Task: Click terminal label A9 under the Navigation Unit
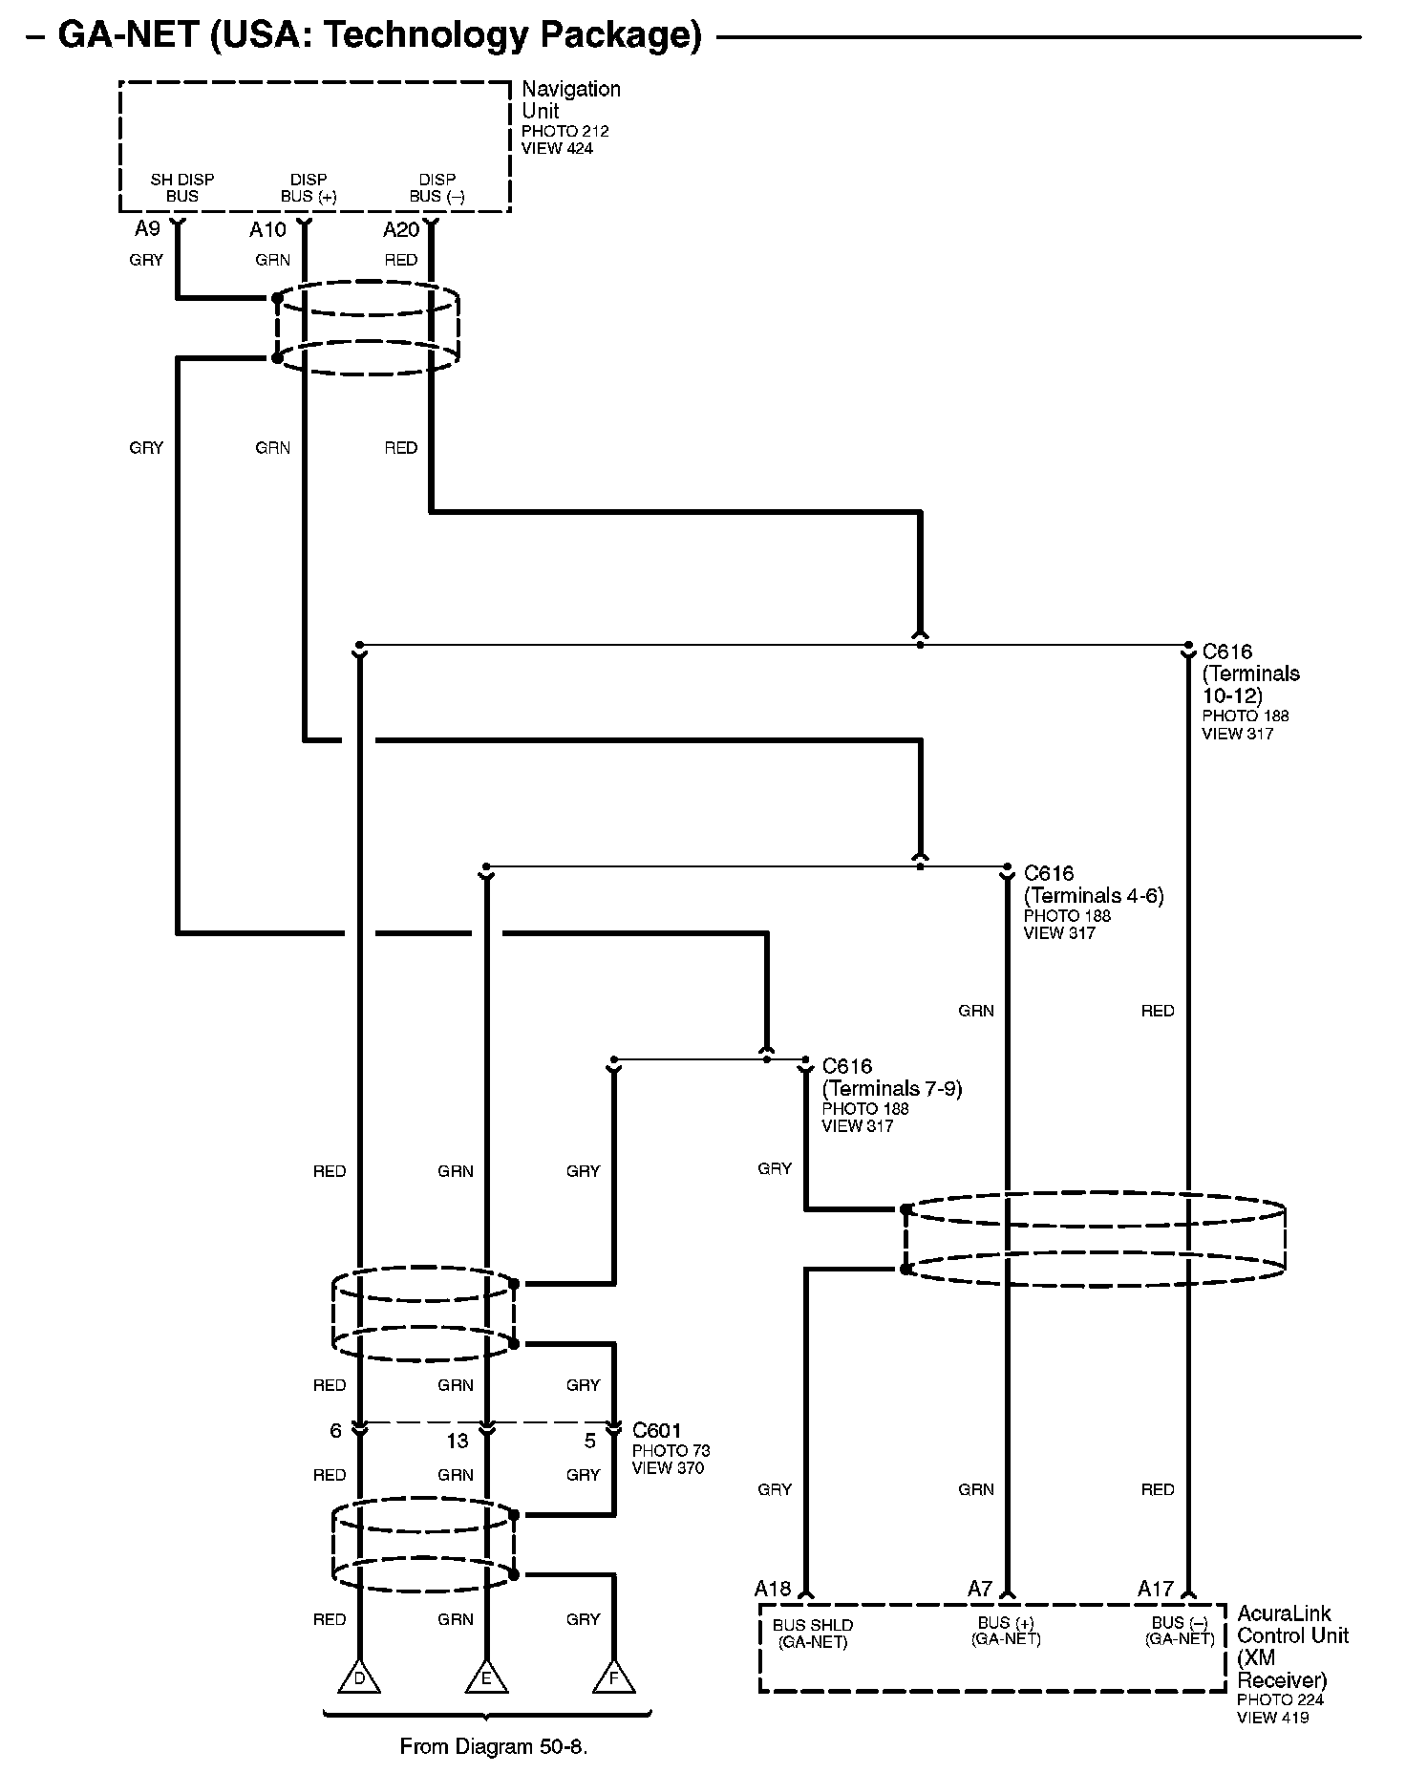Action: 147,229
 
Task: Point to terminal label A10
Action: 267,230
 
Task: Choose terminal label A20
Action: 401,230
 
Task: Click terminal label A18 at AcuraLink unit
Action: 773,1589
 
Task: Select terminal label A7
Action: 980,1589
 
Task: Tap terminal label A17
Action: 1156,1589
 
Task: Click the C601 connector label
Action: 657,1431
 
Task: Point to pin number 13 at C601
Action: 458,1441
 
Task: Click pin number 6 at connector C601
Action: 335,1431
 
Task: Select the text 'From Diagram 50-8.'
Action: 493,1747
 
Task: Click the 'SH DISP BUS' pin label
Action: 182,188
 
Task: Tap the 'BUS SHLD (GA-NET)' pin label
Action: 813,1634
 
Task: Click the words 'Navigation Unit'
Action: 570,99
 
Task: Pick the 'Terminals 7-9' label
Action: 892,1088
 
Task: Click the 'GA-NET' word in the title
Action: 127,35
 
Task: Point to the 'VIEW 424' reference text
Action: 557,148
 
